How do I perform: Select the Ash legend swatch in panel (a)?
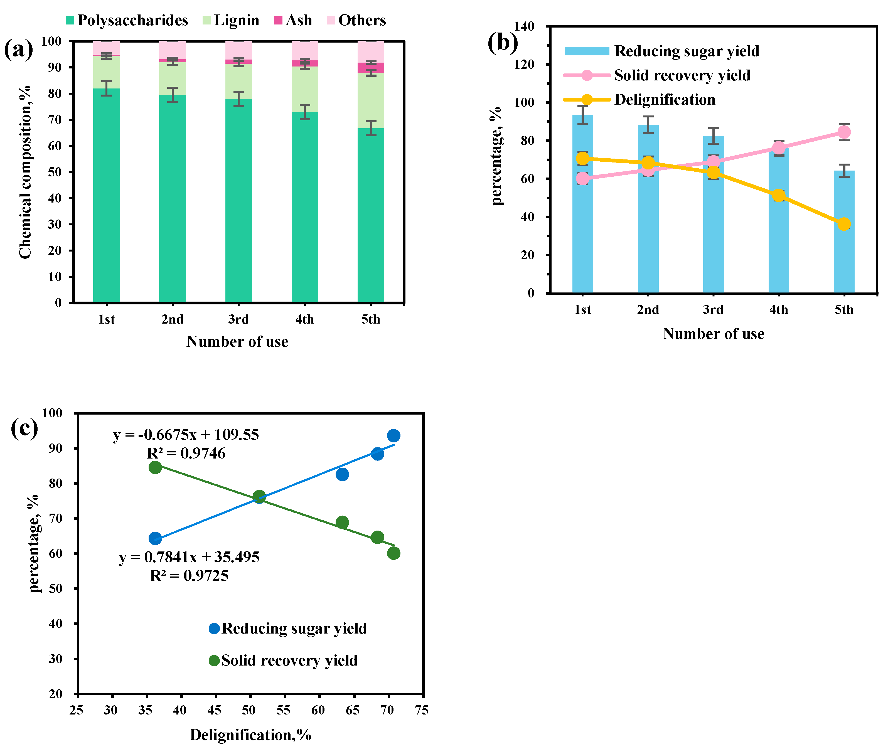pyautogui.click(x=279, y=20)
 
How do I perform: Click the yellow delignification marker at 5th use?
pyautogui.click(x=844, y=224)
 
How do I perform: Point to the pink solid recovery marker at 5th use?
pyautogui.click(x=844, y=132)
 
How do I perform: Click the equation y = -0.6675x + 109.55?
pyautogui.click(x=186, y=435)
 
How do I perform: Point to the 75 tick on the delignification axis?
pyautogui.click(x=422, y=710)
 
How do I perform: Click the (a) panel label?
pyautogui.click(x=18, y=50)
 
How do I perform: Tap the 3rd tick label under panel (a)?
pyautogui.click(x=238, y=319)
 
